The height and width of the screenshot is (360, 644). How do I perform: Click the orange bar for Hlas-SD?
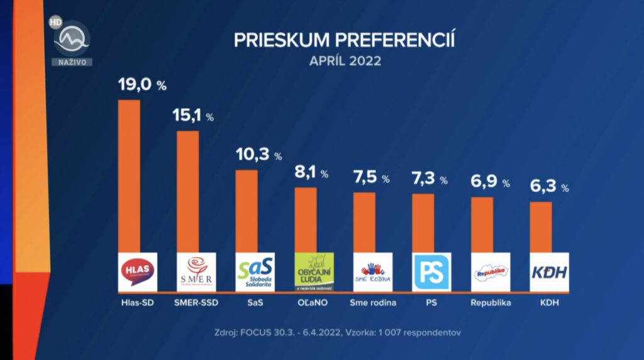pos(129,176)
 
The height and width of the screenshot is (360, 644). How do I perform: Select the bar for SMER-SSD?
pos(187,191)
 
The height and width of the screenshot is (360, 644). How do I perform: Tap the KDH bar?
pos(541,227)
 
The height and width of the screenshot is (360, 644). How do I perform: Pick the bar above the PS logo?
pos(423,223)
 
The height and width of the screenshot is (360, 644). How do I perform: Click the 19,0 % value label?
pos(142,85)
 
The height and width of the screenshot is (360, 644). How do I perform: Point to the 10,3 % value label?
pos(258,155)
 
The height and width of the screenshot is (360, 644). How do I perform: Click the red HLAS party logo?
pos(138,272)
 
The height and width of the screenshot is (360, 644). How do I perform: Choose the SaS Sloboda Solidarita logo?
pos(255,272)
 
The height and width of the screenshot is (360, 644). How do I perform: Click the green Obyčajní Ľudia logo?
pos(314,272)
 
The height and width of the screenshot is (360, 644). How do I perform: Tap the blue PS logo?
pos(431,272)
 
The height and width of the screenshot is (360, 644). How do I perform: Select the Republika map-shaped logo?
pos(491,272)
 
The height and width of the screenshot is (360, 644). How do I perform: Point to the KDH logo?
pos(549,272)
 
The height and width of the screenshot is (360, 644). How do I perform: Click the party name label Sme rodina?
pos(373,303)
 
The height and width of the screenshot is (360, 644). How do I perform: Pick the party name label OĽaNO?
pos(314,303)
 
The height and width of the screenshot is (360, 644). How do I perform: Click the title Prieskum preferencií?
pos(345,40)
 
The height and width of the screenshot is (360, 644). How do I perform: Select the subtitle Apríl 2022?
pos(345,62)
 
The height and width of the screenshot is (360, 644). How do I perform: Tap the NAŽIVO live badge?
pos(72,62)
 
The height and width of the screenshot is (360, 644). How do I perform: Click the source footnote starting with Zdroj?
pos(345,332)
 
